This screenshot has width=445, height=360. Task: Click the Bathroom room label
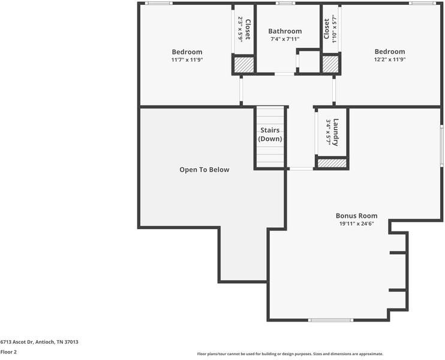point(285,31)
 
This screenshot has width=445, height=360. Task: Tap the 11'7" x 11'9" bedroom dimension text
point(187,59)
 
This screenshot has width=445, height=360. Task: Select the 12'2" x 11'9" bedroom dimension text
point(390,59)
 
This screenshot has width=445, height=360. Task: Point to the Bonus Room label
point(356,216)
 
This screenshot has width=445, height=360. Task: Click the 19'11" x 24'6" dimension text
point(356,223)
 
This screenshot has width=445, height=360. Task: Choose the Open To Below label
point(205,170)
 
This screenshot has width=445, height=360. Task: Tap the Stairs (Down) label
point(270,134)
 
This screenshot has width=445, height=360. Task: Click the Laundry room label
point(336,133)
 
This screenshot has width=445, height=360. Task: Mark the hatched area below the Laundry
point(332,163)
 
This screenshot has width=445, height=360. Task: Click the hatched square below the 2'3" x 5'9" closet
point(243,65)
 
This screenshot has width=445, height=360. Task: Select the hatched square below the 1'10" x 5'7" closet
point(330,64)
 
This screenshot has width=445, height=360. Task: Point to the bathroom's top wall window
point(285,4)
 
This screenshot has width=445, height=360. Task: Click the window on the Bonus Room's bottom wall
point(330,320)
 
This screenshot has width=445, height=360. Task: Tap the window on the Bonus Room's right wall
point(442,145)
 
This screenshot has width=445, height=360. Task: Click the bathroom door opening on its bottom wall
point(284,74)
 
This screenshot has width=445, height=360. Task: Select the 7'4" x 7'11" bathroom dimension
point(285,39)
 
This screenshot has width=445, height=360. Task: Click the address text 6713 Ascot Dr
point(17,342)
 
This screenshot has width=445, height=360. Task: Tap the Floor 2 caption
point(8,352)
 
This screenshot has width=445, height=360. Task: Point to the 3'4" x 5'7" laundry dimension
point(329,133)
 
